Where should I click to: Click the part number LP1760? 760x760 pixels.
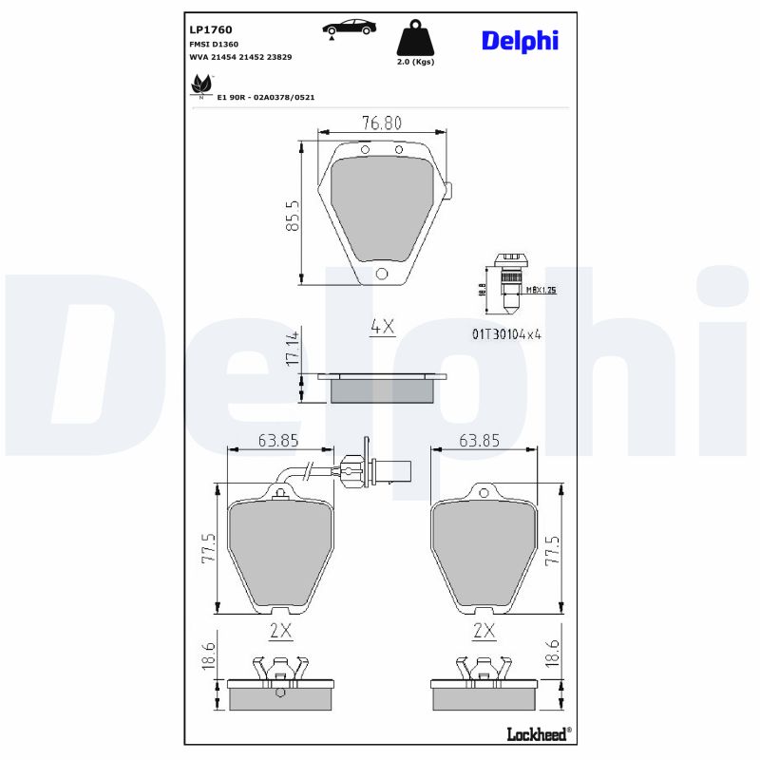212,30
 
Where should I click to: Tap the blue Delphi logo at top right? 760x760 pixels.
519,41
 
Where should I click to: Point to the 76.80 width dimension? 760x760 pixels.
381,122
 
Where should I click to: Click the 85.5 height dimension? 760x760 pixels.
294,216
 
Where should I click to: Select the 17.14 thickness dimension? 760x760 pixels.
293,350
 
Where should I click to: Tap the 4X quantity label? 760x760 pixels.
381,327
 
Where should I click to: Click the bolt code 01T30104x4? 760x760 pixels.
505,333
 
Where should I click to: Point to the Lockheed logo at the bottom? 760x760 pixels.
538,732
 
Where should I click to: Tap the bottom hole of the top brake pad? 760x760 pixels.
382,275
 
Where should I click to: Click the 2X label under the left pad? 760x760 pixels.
279,630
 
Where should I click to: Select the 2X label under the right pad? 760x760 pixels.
484,630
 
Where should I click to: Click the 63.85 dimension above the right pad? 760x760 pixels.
479,440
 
